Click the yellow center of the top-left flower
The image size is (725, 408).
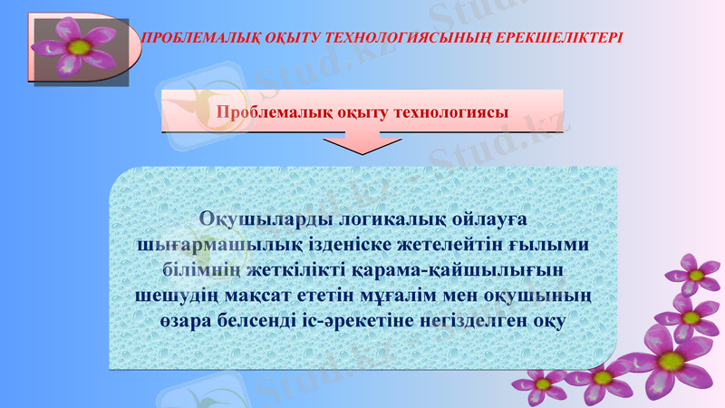(79, 45)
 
